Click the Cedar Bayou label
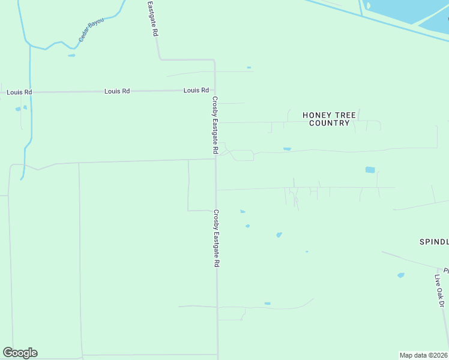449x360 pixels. [91, 30]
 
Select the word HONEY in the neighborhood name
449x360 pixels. [317, 115]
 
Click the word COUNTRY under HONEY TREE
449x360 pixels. [329, 123]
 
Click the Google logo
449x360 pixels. [20, 353]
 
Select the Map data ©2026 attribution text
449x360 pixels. [423, 355]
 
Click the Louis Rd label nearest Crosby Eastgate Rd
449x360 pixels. [196, 91]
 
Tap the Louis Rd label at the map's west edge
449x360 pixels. [19, 92]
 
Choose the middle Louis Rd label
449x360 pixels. [117, 91]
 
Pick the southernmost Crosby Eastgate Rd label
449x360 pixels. [216, 238]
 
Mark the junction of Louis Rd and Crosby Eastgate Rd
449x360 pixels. [215, 91]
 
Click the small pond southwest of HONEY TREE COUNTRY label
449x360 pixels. [287, 149]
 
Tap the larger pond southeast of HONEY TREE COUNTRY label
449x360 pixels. [370, 170]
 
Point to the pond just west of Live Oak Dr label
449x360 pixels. [401, 275]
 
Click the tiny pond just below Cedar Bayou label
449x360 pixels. [72, 55]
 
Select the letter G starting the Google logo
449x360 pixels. [8, 353]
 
